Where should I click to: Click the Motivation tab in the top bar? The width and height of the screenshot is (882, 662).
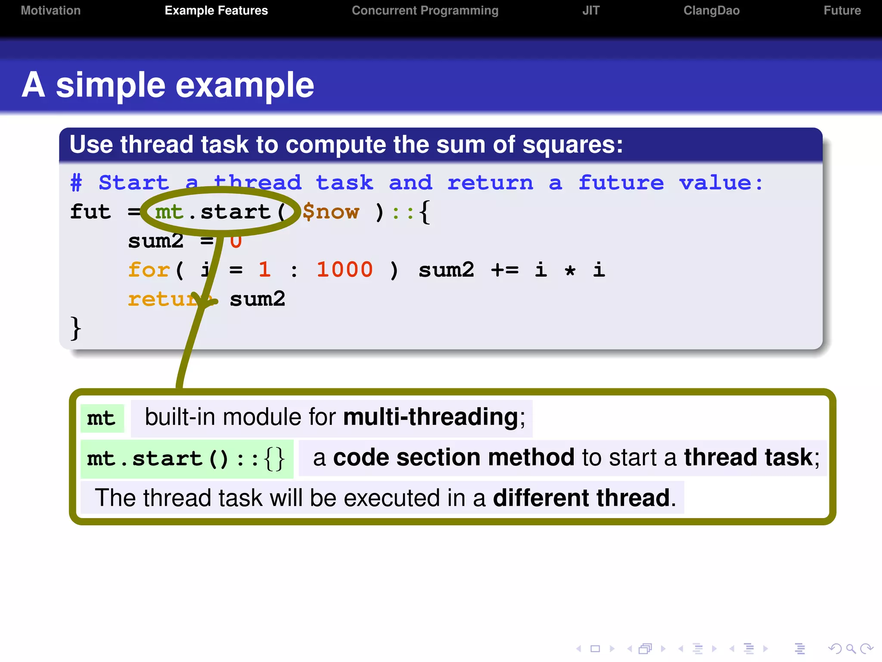51,10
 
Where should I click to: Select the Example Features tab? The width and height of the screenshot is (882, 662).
216,10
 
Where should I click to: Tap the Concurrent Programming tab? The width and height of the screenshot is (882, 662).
425,10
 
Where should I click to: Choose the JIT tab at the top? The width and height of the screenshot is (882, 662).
590,10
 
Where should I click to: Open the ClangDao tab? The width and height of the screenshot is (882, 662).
711,10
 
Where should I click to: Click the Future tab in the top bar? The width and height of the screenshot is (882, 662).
842,10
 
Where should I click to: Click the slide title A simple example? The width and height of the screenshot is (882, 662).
168,85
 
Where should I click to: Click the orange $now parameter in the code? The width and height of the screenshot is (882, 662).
330,212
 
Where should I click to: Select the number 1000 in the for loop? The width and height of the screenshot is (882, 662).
345,270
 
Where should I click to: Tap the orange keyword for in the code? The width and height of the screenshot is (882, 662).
149,270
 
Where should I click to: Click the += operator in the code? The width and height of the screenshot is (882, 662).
505,270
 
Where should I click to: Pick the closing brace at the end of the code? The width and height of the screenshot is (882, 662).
75,328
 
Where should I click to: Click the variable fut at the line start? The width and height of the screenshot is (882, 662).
90,212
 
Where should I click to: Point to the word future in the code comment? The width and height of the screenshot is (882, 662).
621,183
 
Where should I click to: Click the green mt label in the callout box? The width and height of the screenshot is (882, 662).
102,418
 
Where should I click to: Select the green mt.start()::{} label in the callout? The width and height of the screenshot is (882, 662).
186,459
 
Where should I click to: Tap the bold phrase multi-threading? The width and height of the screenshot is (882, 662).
431,417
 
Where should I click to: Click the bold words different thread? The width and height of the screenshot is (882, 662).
581,498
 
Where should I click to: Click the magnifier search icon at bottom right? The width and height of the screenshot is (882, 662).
851,649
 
